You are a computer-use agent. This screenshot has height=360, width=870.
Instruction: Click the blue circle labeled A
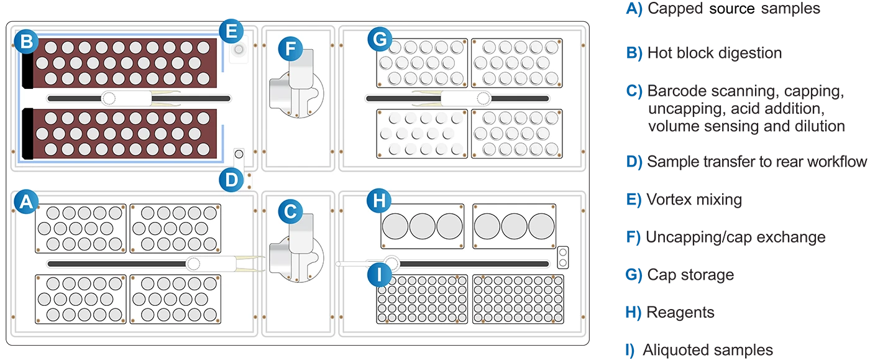click(25, 201)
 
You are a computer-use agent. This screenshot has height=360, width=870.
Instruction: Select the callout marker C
click(290, 211)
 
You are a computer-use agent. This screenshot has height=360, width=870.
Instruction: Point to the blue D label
click(231, 180)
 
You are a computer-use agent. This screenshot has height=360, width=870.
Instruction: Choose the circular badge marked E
click(231, 29)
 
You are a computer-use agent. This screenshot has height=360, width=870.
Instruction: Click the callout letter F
click(290, 48)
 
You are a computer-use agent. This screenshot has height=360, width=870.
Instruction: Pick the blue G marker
click(378, 39)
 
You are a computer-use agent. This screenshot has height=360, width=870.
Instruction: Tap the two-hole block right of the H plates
click(563, 257)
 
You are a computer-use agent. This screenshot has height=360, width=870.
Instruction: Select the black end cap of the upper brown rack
click(27, 63)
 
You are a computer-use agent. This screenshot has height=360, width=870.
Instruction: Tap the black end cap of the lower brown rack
click(27, 134)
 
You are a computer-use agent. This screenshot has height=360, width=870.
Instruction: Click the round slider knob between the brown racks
click(109, 98)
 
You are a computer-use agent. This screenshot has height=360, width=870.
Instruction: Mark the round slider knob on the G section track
click(484, 98)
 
